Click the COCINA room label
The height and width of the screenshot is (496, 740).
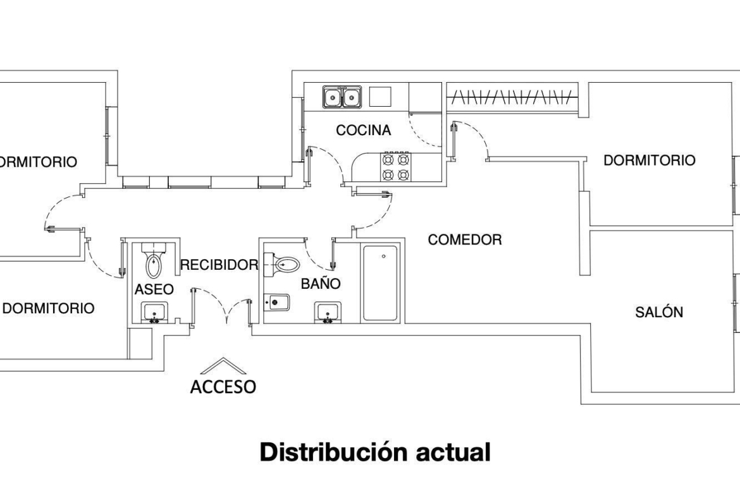[x=364, y=130]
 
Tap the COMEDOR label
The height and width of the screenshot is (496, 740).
[x=465, y=239]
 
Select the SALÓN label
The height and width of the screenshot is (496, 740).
[x=659, y=312]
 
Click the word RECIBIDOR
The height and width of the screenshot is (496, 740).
[x=219, y=265]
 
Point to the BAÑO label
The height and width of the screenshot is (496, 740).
[x=321, y=283]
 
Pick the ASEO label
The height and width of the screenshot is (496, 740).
[x=154, y=289]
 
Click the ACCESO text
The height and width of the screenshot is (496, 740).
[x=223, y=387]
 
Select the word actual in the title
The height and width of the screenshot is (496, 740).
[x=453, y=452]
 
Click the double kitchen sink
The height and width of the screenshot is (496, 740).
[x=342, y=97]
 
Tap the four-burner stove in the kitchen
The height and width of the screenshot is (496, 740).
[x=395, y=167]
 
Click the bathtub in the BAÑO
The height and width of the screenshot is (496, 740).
[x=379, y=283]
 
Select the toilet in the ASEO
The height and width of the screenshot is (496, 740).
[x=154, y=261]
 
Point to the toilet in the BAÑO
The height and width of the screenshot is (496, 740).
[x=281, y=265]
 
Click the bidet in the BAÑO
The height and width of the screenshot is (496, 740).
[x=276, y=302]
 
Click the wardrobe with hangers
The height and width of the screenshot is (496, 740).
[x=512, y=97]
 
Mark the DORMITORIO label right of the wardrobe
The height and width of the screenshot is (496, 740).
[x=650, y=160]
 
